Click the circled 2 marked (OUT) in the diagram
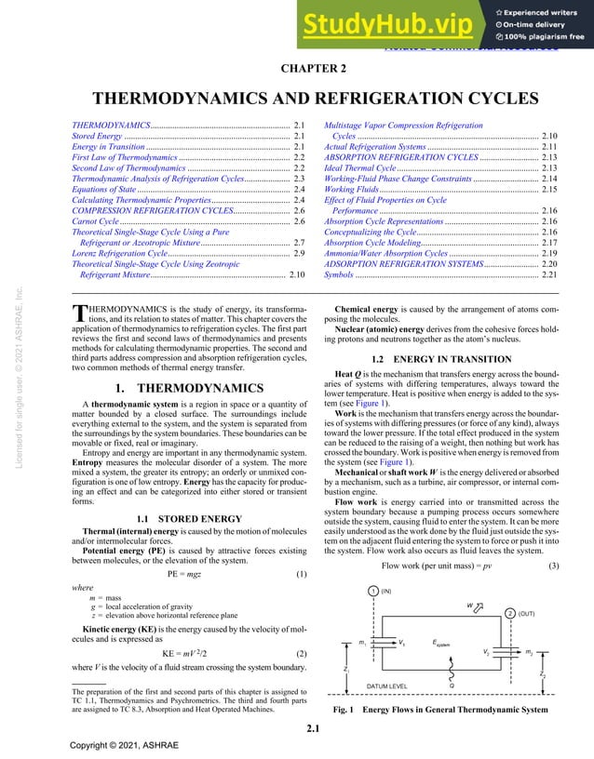click(x=509, y=614)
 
